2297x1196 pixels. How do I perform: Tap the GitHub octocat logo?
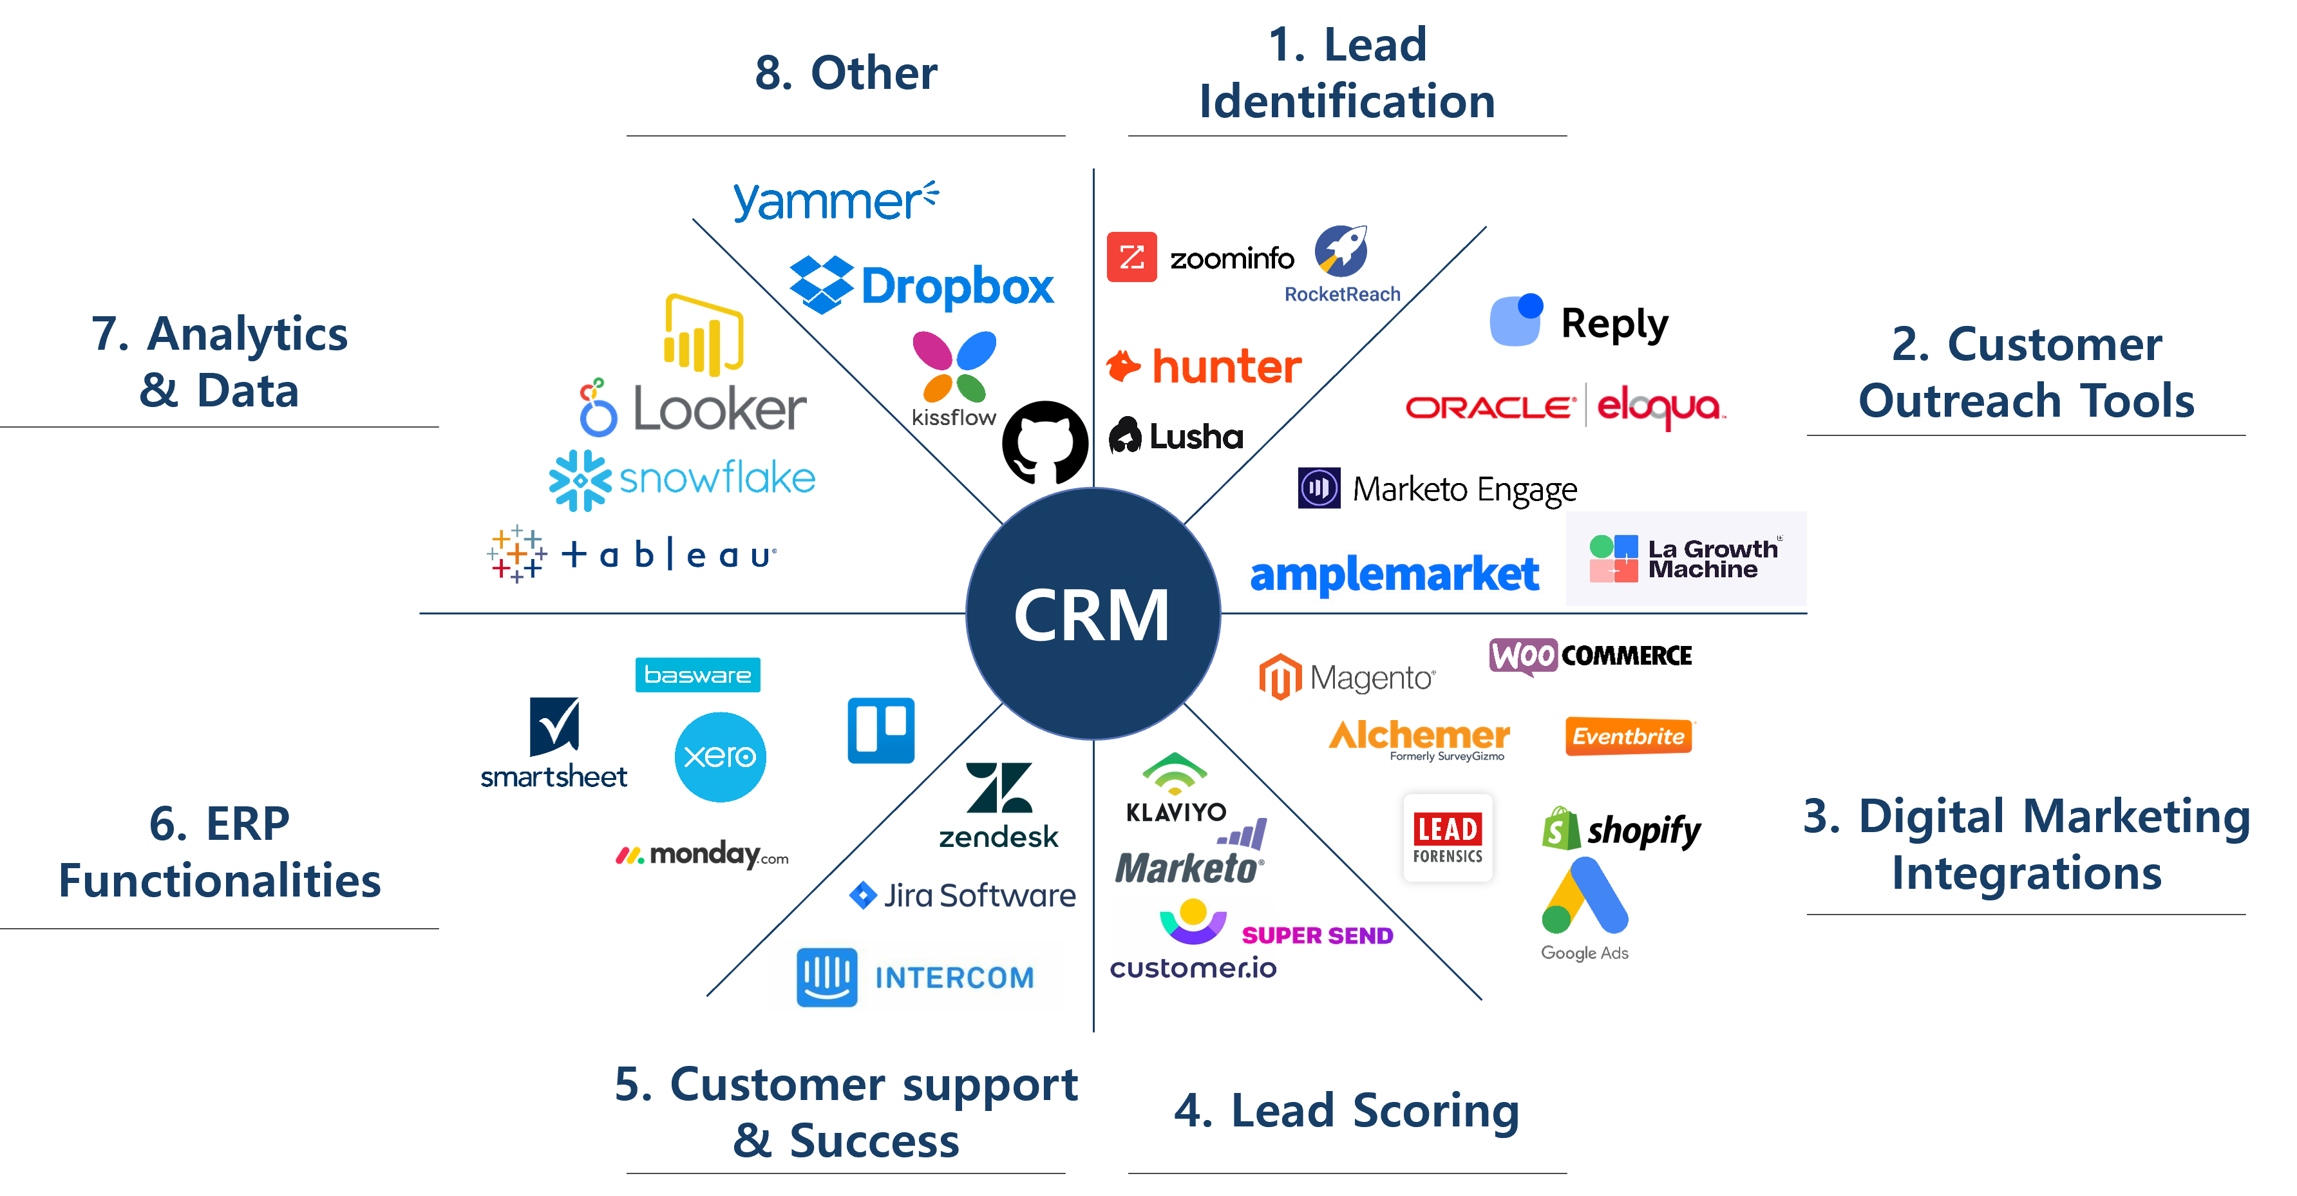click(1045, 442)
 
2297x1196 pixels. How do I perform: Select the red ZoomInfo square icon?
click(1131, 257)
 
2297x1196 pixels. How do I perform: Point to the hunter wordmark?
click(1227, 366)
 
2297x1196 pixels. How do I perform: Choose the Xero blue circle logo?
click(719, 756)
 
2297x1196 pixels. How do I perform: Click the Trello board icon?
click(881, 730)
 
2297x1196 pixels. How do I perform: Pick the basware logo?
click(697, 675)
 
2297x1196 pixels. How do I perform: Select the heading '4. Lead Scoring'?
click(1347, 1110)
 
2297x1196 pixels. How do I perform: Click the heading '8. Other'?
click(846, 72)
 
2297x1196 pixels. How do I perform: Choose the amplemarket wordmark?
click(1395, 573)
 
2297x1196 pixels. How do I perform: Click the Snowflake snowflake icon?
click(580, 480)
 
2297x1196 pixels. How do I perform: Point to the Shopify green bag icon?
click(1560, 828)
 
